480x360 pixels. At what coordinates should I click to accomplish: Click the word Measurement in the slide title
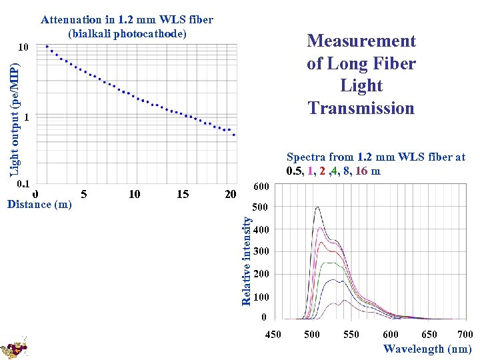coord(361,41)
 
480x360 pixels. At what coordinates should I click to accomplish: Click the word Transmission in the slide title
coord(361,108)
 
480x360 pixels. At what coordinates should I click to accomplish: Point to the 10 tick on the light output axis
coord(23,48)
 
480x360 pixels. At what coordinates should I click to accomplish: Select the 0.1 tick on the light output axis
coord(23,183)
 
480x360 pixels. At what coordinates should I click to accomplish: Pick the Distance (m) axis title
coord(39,205)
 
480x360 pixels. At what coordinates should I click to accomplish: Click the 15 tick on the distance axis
coord(183,194)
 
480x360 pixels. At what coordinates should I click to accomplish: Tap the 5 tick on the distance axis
coord(83,194)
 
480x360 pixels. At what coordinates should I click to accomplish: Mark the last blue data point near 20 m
coord(234,135)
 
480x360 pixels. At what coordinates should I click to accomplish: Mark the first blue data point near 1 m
coord(47,46)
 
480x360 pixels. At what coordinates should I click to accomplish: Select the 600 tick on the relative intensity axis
coord(261,186)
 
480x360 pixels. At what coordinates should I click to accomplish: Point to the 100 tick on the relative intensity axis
coord(261,297)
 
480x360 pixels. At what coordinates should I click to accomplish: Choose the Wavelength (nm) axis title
coord(427,349)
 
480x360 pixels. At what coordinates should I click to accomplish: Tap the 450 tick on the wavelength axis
coord(273,335)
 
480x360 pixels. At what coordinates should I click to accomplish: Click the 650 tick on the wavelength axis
coord(429,335)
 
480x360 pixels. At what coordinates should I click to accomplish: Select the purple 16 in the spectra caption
coord(361,171)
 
